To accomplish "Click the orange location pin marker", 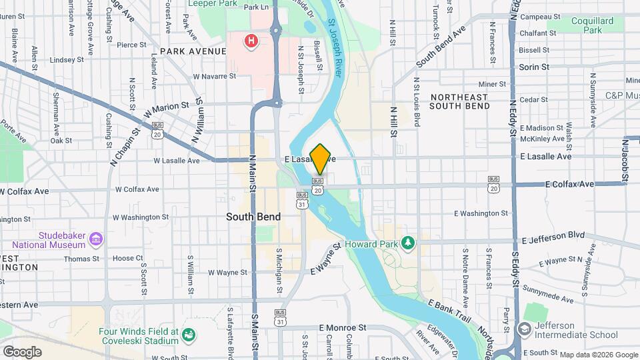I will coord(321,159).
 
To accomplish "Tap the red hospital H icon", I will coord(251,41).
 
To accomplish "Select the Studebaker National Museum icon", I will coord(96,239).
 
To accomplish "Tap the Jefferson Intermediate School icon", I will coord(524,329).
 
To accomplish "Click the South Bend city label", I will coord(253,217).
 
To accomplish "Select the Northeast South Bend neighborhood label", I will coord(459,101).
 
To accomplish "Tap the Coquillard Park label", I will coord(591,25).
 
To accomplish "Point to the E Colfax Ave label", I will coord(569,184).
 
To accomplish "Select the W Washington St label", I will coord(141,217).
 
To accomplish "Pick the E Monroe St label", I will coord(343,328).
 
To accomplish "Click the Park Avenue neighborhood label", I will coord(198,51).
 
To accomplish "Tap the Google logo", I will coord(22,351).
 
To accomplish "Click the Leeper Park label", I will coord(213,3).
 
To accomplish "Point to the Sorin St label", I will coord(534,67).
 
